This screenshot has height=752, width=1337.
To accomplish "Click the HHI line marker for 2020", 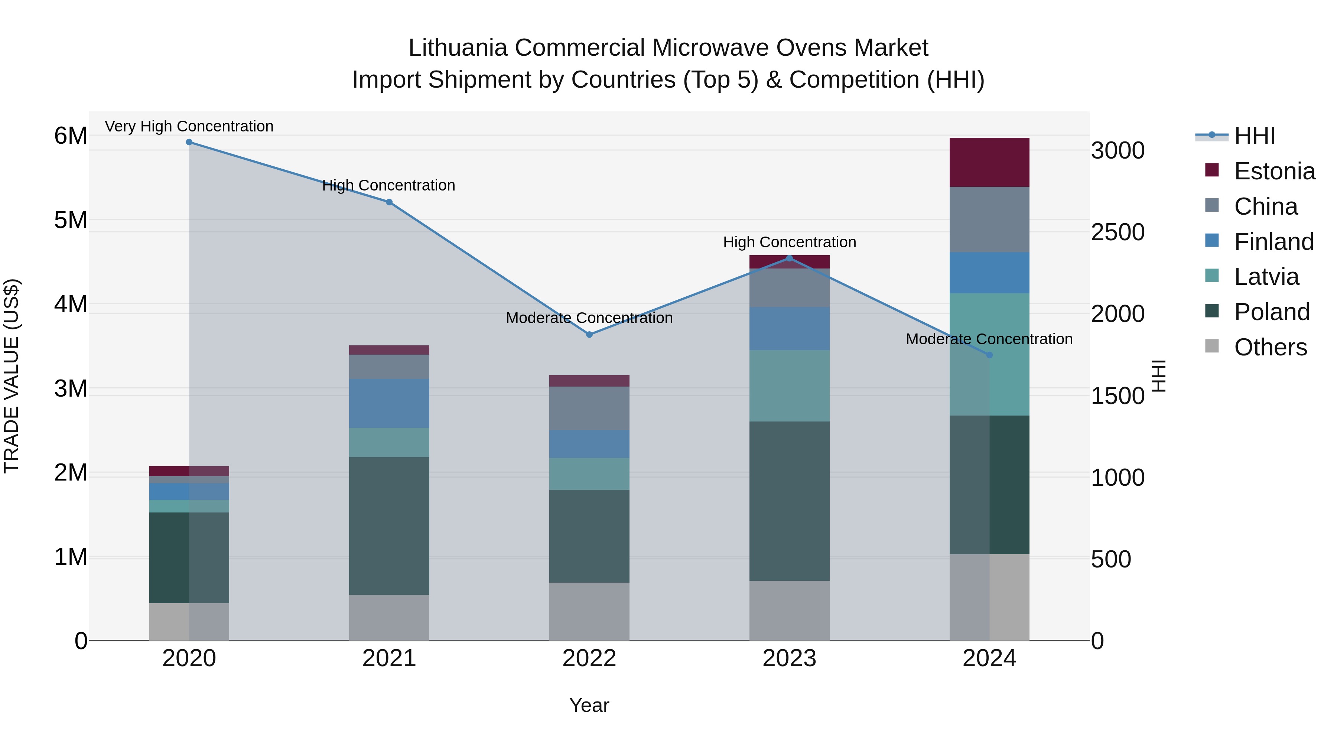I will point(189,142).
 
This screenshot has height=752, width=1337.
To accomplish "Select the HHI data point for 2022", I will point(589,335).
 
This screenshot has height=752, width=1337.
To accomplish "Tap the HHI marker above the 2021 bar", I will point(389,202).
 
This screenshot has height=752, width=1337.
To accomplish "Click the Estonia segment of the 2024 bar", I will point(989,162).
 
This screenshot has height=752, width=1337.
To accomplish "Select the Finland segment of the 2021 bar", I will point(389,403).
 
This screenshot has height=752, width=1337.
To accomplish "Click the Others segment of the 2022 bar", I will point(589,611).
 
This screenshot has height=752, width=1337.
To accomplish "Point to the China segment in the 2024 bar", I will point(989,219).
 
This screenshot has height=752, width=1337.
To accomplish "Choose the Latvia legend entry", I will point(1266,277).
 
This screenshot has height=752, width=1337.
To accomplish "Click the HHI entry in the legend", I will point(1255,136).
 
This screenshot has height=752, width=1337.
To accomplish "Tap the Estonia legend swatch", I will point(1212,170).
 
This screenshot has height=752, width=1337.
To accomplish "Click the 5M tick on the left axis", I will point(71,220).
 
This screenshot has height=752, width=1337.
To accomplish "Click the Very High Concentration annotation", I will point(189,126).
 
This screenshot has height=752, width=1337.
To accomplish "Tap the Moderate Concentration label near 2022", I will point(589,318).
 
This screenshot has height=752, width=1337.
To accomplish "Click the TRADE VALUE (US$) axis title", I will point(12,376).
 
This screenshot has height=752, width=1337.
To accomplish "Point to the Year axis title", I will point(589,705).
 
